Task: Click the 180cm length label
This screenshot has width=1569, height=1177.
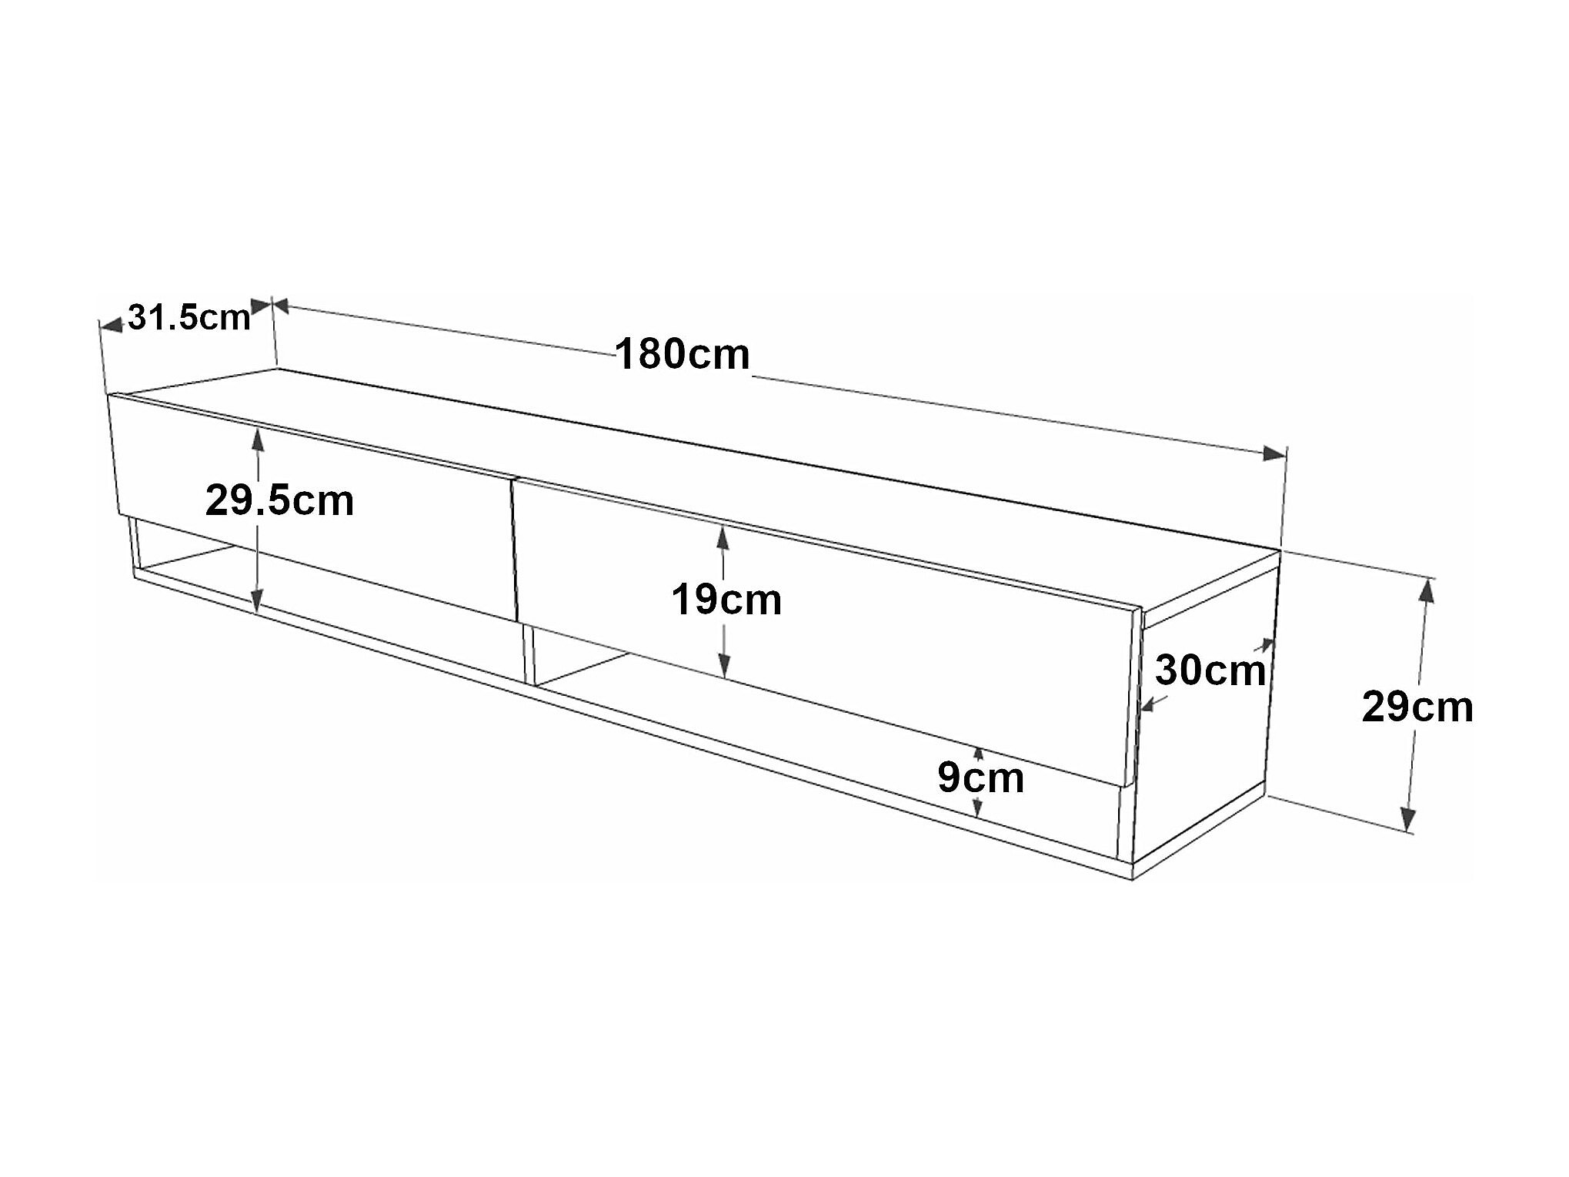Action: pyautogui.click(x=682, y=355)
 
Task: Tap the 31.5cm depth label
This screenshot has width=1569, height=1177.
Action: pyautogui.click(x=189, y=317)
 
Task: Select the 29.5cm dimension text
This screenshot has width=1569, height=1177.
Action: pyautogui.click(x=279, y=500)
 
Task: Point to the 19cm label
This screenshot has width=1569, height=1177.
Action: pyautogui.click(x=726, y=600)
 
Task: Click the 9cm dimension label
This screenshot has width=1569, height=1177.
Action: pyautogui.click(x=980, y=777)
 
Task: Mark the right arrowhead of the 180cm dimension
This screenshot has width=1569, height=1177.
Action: pyautogui.click(x=1274, y=453)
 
